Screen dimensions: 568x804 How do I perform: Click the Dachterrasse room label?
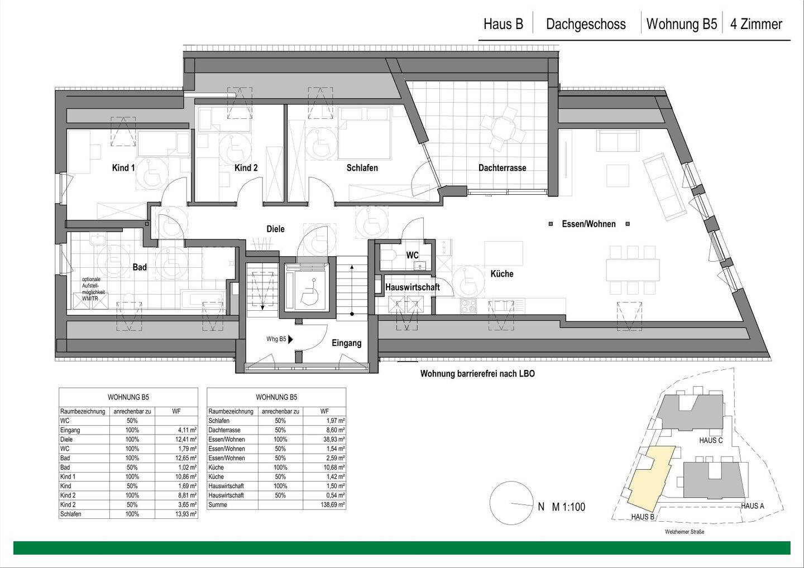(x=502, y=168)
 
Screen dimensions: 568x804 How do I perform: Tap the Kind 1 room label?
(x=123, y=168)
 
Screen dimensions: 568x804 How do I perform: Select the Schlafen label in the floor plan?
(x=362, y=168)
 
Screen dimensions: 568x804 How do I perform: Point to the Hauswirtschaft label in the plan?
(x=412, y=287)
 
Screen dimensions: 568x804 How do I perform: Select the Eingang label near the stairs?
(x=346, y=343)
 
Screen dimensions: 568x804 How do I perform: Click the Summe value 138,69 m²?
(x=332, y=505)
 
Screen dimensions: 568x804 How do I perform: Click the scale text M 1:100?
(x=568, y=507)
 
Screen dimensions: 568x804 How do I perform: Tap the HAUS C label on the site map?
(x=711, y=440)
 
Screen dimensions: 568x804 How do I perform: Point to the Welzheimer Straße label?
(x=685, y=532)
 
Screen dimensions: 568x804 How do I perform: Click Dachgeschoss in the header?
(x=586, y=25)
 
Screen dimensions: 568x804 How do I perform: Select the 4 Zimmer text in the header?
(x=756, y=25)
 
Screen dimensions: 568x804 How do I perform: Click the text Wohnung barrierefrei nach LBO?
(x=477, y=374)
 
